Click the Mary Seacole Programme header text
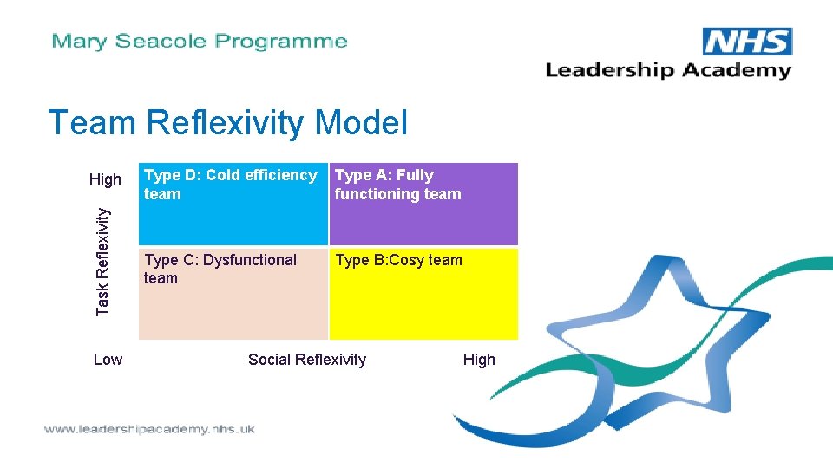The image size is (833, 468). pyautogui.click(x=200, y=41)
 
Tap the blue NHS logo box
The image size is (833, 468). pyautogui.click(x=747, y=42)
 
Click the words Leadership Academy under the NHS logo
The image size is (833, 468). pyautogui.click(x=668, y=70)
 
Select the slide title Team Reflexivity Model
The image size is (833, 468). pyautogui.click(x=227, y=122)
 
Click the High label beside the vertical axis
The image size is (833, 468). pyautogui.click(x=106, y=179)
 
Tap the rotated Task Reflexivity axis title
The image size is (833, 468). pyautogui.click(x=103, y=260)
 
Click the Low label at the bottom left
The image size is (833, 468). pyautogui.click(x=108, y=360)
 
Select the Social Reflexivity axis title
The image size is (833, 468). pyautogui.click(x=307, y=360)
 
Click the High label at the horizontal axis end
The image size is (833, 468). pyautogui.click(x=479, y=360)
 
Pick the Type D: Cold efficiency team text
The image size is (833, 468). pyautogui.click(x=230, y=185)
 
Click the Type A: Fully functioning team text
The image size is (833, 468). pyautogui.click(x=397, y=185)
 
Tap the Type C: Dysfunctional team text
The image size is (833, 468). pyautogui.click(x=220, y=269)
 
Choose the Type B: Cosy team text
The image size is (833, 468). pyautogui.click(x=398, y=260)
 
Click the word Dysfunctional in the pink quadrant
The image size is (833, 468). pyautogui.click(x=250, y=260)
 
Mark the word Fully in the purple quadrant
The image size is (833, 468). pyautogui.click(x=415, y=175)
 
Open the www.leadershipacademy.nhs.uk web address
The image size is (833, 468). pyautogui.click(x=149, y=429)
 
